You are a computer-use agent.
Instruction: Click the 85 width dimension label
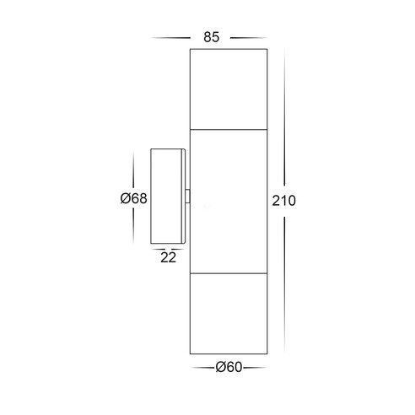tap(212, 37)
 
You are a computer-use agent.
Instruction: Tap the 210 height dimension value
tap(283, 201)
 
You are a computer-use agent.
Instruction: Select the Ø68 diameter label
tap(133, 198)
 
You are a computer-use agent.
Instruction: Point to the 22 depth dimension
tap(168, 257)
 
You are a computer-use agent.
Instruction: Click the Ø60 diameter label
tap(229, 367)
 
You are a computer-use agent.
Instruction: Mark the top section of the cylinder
tap(229, 89)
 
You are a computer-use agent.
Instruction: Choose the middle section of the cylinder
tap(229, 202)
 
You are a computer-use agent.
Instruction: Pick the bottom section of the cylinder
tap(229, 314)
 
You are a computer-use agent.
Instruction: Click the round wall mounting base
tap(168, 197)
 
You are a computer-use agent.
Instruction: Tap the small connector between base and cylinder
tap(187, 197)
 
